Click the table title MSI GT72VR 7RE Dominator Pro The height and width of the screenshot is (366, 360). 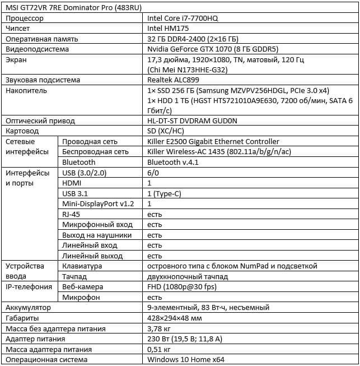click(69, 7)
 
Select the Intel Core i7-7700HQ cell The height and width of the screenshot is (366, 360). click(180, 18)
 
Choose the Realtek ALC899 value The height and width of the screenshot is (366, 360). click(172, 80)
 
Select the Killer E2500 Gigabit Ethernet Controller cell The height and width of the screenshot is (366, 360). click(213, 141)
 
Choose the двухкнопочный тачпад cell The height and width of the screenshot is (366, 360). click(188, 276)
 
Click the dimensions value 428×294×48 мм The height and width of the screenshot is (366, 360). click(174, 318)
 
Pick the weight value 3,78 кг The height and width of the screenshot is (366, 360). click(158, 328)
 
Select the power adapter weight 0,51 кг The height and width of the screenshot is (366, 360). click(158, 349)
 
